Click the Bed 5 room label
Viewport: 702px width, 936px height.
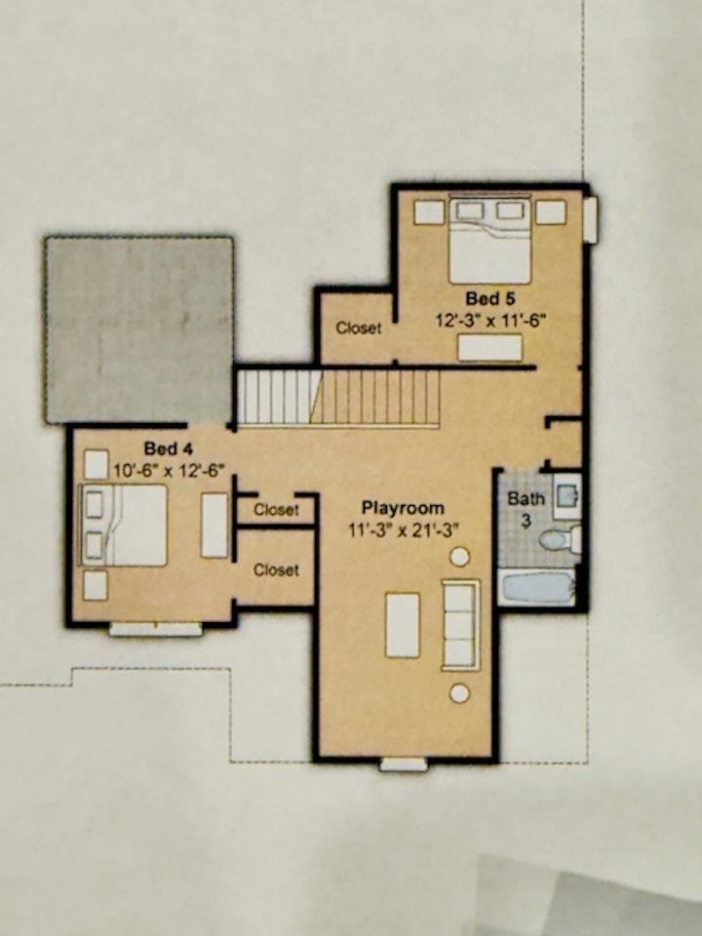tap(490, 298)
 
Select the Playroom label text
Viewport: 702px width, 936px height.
tap(403, 508)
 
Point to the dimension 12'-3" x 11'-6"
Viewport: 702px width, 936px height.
tap(490, 320)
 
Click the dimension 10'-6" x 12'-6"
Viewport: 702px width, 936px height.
tap(169, 470)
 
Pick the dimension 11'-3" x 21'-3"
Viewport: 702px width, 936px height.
tap(403, 529)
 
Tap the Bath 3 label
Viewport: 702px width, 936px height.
tap(526, 509)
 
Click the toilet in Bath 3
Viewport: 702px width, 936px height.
tap(561, 539)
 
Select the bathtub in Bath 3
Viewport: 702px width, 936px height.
tap(538, 587)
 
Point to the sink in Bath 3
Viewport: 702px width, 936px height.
tap(565, 495)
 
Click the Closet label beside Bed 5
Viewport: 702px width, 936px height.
tap(358, 328)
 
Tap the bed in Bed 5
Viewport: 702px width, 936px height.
tap(489, 240)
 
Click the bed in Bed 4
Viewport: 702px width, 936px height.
tap(124, 526)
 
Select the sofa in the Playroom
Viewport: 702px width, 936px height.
tap(460, 625)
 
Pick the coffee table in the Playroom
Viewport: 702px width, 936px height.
tap(403, 625)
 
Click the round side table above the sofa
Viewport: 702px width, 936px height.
tap(459, 557)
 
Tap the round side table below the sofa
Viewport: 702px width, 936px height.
tap(459, 693)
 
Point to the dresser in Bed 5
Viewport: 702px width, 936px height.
tap(490, 347)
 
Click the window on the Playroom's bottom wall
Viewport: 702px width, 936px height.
tap(404, 764)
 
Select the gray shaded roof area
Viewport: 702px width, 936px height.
tap(139, 331)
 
